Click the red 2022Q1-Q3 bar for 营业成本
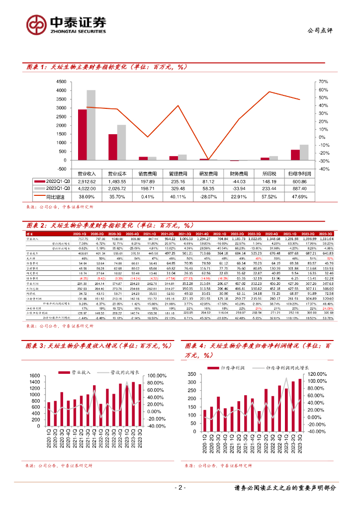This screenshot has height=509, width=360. pos(113,147)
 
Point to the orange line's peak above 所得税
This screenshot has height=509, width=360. pos(269,92)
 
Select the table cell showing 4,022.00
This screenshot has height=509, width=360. pos(87,188)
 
